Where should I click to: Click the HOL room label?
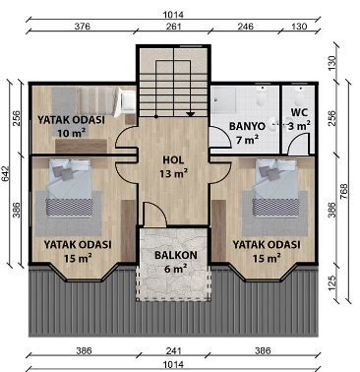(173, 160)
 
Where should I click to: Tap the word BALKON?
(176, 255)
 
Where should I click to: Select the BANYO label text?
(247, 126)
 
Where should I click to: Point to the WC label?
(299, 112)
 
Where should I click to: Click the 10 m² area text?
(72, 133)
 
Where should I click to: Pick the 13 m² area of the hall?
(173, 173)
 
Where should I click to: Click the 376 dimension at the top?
(83, 27)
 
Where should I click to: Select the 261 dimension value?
(173, 27)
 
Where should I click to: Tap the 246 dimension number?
(246, 27)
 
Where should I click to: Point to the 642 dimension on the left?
(7, 174)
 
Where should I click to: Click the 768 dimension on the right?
(344, 191)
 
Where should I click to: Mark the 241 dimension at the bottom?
(173, 351)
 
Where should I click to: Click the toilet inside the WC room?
(299, 96)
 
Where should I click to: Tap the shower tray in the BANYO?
(224, 98)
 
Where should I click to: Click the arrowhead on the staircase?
(190, 114)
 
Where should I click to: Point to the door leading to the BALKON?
(155, 214)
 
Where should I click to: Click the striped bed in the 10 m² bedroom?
(98, 100)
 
